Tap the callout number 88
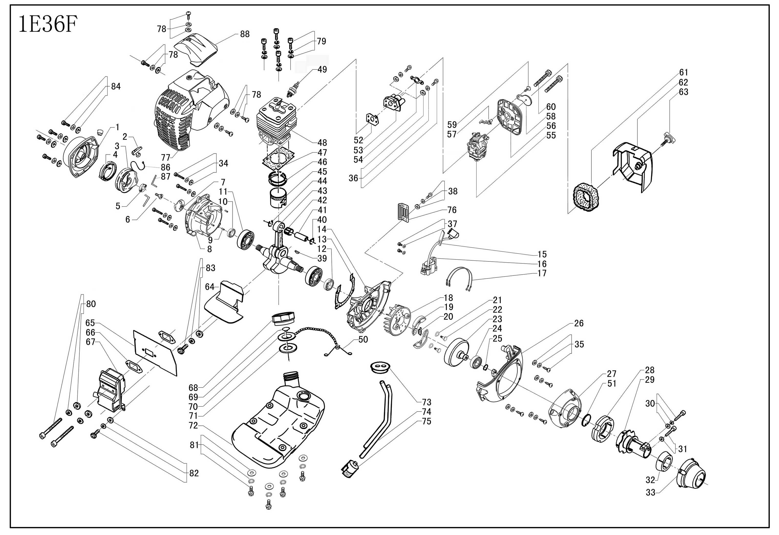[x=245, y=34]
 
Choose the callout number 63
[x=683, y=92]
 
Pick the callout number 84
[x=116, y=87]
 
